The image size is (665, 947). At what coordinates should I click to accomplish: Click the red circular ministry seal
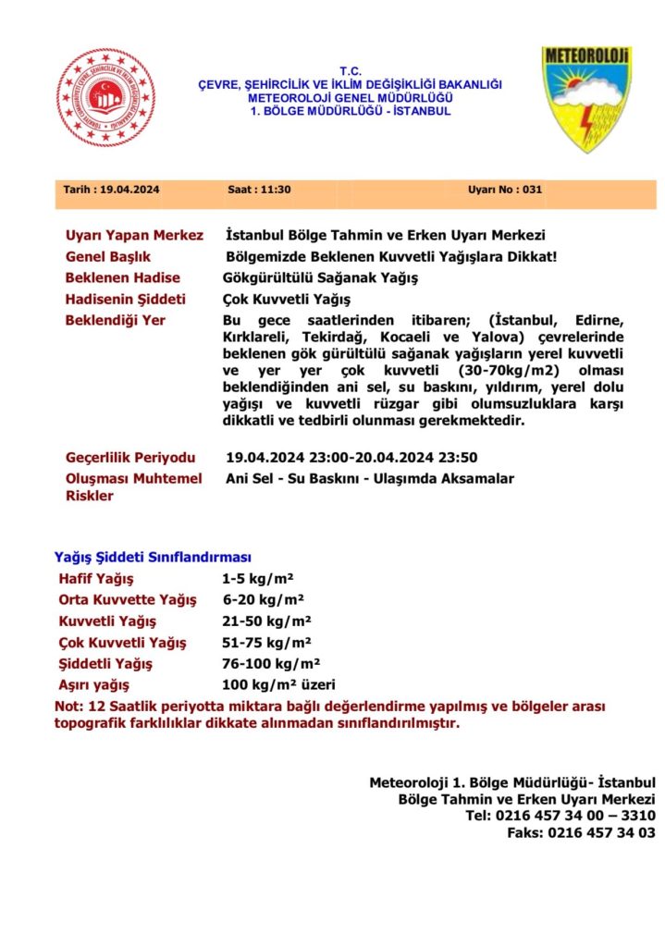(x=106, y=97)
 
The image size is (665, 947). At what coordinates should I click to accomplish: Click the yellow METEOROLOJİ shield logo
(x=585, y=100)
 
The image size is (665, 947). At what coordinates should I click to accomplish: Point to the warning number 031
(x=532, y=190)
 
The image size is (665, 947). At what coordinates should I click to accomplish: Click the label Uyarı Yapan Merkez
(x=134, y=235)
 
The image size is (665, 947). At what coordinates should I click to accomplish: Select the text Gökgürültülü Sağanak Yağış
(x=321, y=277)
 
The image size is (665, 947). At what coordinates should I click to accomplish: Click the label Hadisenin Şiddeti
(x=125, y=300)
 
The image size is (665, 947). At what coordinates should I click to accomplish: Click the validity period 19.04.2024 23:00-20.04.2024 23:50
(x=351, y=457)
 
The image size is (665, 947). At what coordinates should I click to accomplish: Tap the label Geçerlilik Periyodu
(x=130, y=458)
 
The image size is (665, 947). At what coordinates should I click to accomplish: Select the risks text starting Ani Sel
(x=369, y=478)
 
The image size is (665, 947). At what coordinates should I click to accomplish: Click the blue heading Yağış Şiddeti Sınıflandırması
(x=153, y=558)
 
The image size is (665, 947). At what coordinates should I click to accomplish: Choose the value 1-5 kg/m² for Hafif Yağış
(x=257, y=579)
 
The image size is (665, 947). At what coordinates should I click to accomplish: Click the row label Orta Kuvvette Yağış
(x=127, y=600)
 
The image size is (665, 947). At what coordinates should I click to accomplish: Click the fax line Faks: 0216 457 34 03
(x=581, y=831)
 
